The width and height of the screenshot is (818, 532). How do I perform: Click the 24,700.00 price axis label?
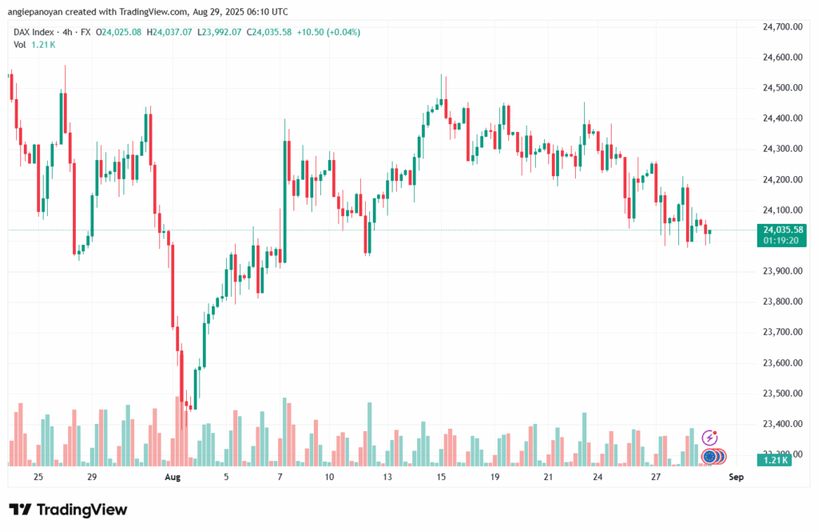[782, 26]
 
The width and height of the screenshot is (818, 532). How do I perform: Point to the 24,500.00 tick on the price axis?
[782, 88]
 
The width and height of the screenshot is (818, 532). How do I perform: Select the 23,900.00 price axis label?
[782, 271]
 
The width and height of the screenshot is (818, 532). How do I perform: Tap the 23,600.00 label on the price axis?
[782, 363]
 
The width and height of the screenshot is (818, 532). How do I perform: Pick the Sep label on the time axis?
[736, 477]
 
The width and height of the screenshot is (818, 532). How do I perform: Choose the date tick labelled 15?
[440, 477]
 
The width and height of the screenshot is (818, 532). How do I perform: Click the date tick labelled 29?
[92, 477]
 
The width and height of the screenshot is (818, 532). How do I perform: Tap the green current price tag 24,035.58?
[782, 229]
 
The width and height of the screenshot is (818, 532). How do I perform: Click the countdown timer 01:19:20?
[782, 239]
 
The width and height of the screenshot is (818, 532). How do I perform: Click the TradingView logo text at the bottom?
[68, 510]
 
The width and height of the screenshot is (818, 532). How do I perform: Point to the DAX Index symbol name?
[37, 32]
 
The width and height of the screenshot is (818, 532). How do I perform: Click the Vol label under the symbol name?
[20, 45]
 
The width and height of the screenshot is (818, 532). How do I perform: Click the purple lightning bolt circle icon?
[709, 437]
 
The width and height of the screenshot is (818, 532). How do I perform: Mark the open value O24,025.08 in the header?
[119, 32]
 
